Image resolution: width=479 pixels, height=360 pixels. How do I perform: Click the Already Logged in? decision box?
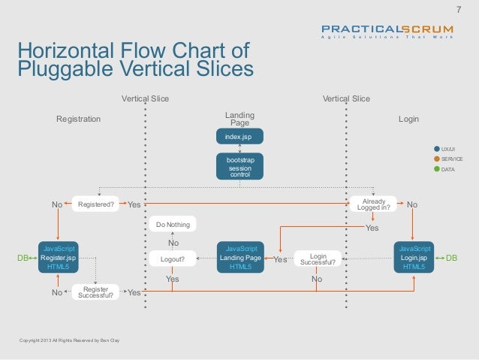(373, 204)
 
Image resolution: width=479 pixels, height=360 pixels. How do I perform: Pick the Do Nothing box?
(173, 225)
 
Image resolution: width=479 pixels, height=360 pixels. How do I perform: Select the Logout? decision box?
(173, 259)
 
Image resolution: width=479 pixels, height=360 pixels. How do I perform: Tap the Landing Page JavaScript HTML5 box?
(240, 257)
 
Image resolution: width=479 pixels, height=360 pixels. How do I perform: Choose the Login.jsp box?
(414, 257)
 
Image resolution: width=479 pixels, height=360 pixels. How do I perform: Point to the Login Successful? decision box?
(318, 259)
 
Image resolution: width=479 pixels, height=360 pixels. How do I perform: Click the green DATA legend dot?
(436, 171)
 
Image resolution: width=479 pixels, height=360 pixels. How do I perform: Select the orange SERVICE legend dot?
(436, 159)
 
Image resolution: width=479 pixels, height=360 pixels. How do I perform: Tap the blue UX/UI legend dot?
(436, 149)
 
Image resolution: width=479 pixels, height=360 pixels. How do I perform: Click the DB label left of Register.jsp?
(23, 258)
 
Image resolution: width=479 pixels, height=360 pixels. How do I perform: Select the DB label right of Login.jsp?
(451, 258)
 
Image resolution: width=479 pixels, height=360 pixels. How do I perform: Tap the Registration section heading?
(79, 119)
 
